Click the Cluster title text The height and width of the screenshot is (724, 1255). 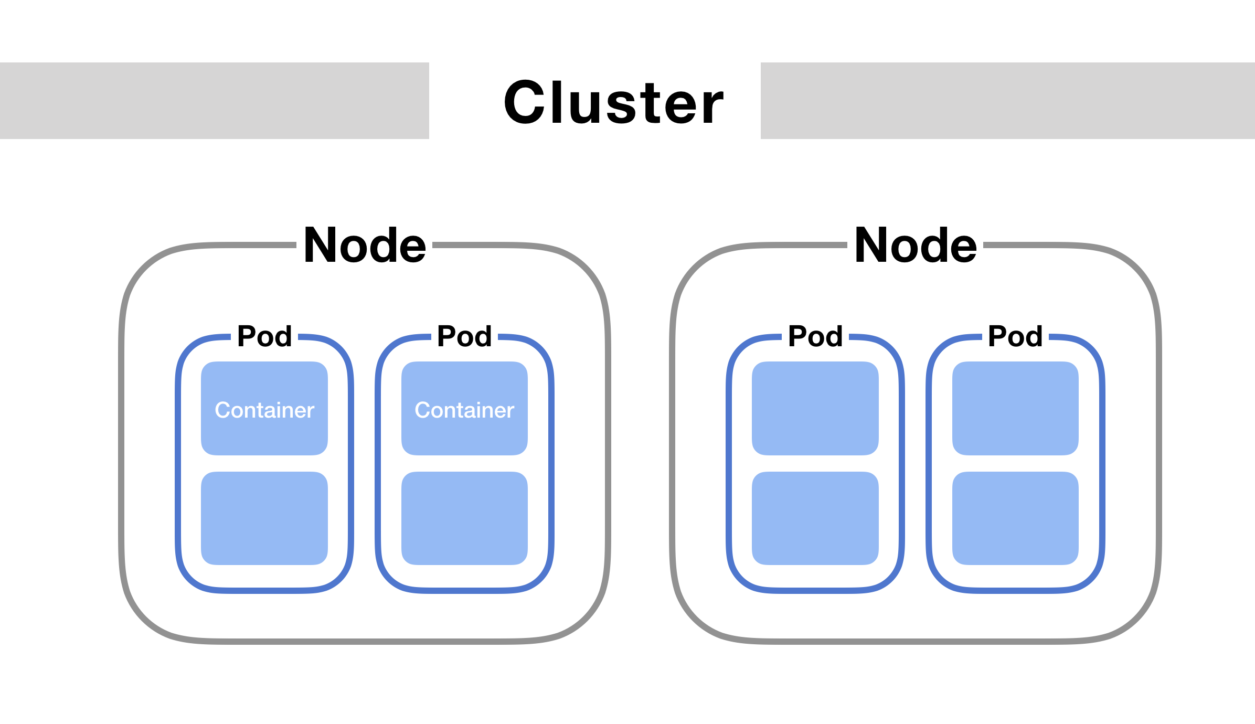[x=613, y=103]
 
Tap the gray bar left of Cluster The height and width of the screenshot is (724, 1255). [x=214, y=101]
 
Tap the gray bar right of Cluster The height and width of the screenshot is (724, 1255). [x=1007, y=101]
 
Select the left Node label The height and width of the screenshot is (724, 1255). [x=365, y=246]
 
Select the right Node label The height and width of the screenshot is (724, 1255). [x=916, y=246]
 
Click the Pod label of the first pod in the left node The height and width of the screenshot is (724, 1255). [x=264, y=336]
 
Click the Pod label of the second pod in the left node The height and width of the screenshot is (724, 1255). [x=464, y=336]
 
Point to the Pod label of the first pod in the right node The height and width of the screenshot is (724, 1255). [x=815, y=336]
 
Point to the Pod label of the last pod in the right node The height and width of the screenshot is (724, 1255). [x=1015, y=336]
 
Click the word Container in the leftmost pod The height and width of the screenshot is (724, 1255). [x=264, y=410]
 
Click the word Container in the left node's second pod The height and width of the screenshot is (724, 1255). [x=464, y=410]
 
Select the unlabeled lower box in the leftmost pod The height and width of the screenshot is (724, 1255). [x=264, y=518]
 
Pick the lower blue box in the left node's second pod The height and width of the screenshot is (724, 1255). [x=464, y=518]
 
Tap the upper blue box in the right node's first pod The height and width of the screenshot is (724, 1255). [x=815, y=408]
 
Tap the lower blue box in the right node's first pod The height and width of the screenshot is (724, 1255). [x=815, y=518]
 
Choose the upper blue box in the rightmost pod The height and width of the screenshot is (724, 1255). [x=1015, y=408]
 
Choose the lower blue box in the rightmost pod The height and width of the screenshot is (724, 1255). [x=1015, y=518]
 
